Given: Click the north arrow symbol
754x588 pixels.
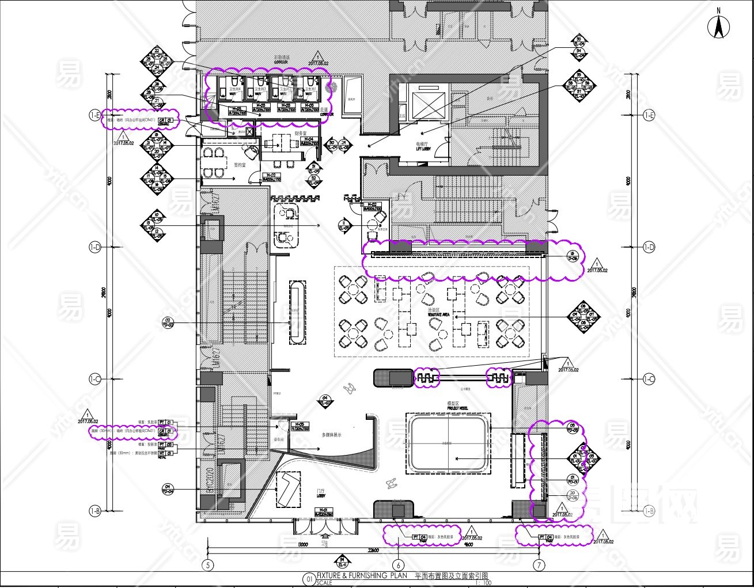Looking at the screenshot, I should (718, 25).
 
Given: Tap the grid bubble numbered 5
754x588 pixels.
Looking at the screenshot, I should (209, 565).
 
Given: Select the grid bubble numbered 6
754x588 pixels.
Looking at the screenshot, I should (399, 565).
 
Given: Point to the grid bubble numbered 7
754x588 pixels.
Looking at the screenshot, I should (539, 565).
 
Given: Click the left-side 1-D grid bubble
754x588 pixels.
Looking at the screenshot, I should (95, 247).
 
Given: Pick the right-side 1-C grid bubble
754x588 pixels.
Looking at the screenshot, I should (649, 379).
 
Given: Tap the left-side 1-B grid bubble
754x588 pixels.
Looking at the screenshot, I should (95, 511).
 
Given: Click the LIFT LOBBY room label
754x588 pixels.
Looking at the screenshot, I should (423, 147).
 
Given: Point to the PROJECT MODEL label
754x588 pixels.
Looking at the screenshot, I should (457, 407).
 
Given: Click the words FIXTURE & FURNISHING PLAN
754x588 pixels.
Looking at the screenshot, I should (362, 575).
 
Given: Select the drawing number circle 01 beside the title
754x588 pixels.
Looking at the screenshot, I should (309, 579).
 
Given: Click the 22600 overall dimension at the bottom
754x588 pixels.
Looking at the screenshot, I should (373, 551).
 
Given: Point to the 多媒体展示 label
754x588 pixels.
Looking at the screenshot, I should (331, 435).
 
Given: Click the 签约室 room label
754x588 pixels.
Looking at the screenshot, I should (240, 165).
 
